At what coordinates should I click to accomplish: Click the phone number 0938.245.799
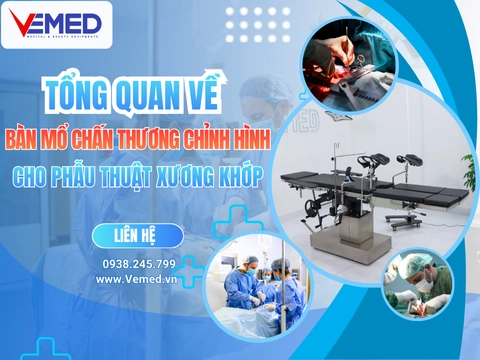coord(138,264)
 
